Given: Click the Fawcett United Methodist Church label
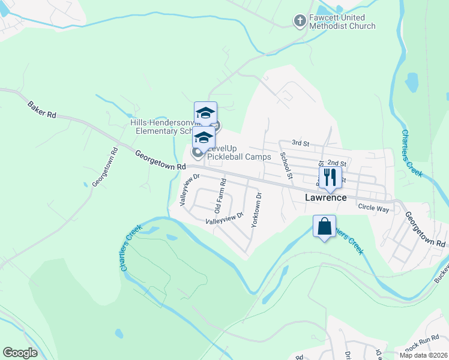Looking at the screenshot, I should tap(342, 22).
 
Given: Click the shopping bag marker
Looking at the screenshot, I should tap(324, 227).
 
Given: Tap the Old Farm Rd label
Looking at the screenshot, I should tap(220, 196).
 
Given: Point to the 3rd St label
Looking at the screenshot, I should tap(300, 143).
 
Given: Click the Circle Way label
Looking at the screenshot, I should tap(373, 208).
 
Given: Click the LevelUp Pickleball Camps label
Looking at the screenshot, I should tap(239, 157).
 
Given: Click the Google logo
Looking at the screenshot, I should tap(20, 353).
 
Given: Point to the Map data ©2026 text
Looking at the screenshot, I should tap(423, 355).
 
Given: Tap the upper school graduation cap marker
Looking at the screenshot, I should tap(205, 113).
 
